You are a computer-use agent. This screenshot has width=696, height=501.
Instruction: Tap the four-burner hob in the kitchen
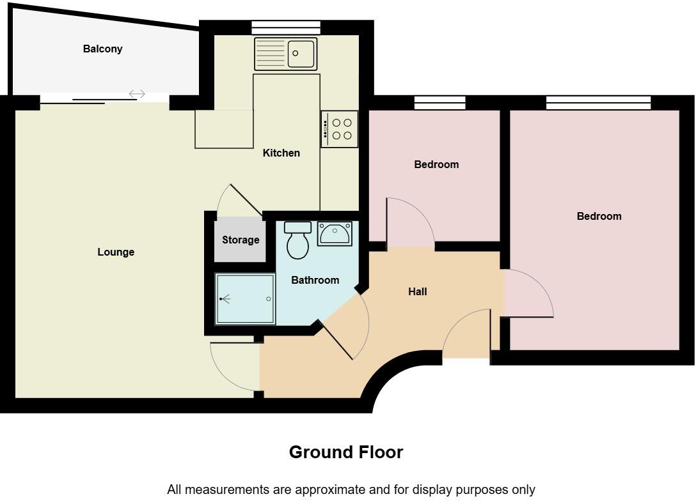tap(340, 129)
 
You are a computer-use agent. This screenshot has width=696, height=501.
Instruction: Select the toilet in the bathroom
tap(297, 241)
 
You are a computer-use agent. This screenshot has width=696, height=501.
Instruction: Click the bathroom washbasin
tap(335, 234)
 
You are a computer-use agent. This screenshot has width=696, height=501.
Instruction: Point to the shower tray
tap(245, 299)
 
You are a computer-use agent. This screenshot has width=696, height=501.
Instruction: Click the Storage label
tap(241, 240)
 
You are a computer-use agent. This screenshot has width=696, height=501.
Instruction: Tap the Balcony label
tap(102, 49)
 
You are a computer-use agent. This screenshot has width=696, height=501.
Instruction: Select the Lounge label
tap(116, 252)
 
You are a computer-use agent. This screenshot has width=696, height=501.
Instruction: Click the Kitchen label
tap(281, 153)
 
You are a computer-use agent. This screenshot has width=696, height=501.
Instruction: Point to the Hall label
tap(418, 291)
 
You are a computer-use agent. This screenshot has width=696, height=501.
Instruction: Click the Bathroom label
tap(315, 280)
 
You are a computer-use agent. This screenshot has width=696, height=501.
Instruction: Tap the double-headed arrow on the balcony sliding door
tap(137, 95)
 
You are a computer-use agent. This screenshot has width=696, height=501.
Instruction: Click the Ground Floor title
tap(346, 452)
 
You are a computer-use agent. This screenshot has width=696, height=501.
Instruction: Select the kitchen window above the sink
tap(285, 27)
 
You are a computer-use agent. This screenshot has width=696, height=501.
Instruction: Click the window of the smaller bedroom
tap(439, 103)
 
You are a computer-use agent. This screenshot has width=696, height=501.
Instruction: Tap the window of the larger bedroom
tap(598, 103)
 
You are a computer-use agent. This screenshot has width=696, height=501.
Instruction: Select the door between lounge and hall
tap(234, 367)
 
